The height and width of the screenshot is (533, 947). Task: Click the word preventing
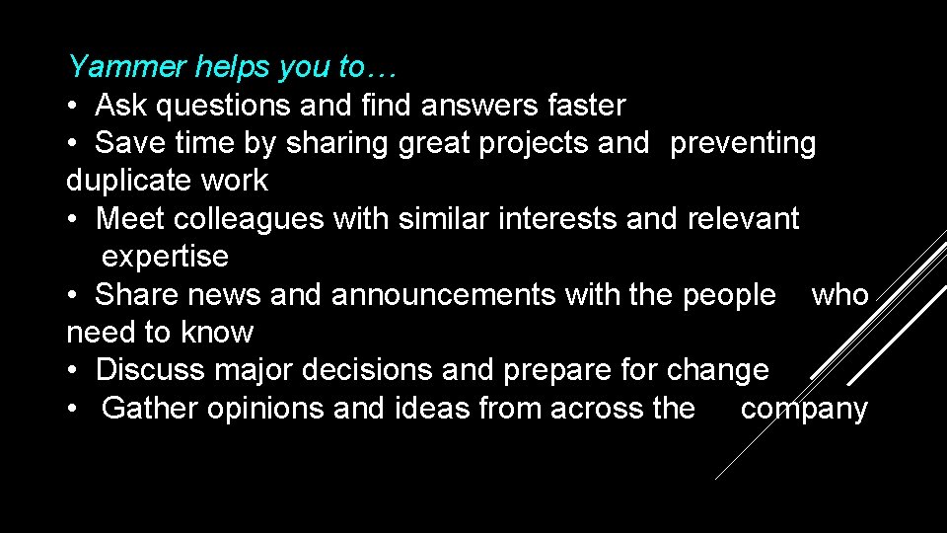743,143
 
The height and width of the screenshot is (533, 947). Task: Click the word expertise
165,257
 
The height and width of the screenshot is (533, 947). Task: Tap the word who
839,294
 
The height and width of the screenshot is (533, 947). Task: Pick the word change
717,370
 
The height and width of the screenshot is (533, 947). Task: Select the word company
804,409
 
